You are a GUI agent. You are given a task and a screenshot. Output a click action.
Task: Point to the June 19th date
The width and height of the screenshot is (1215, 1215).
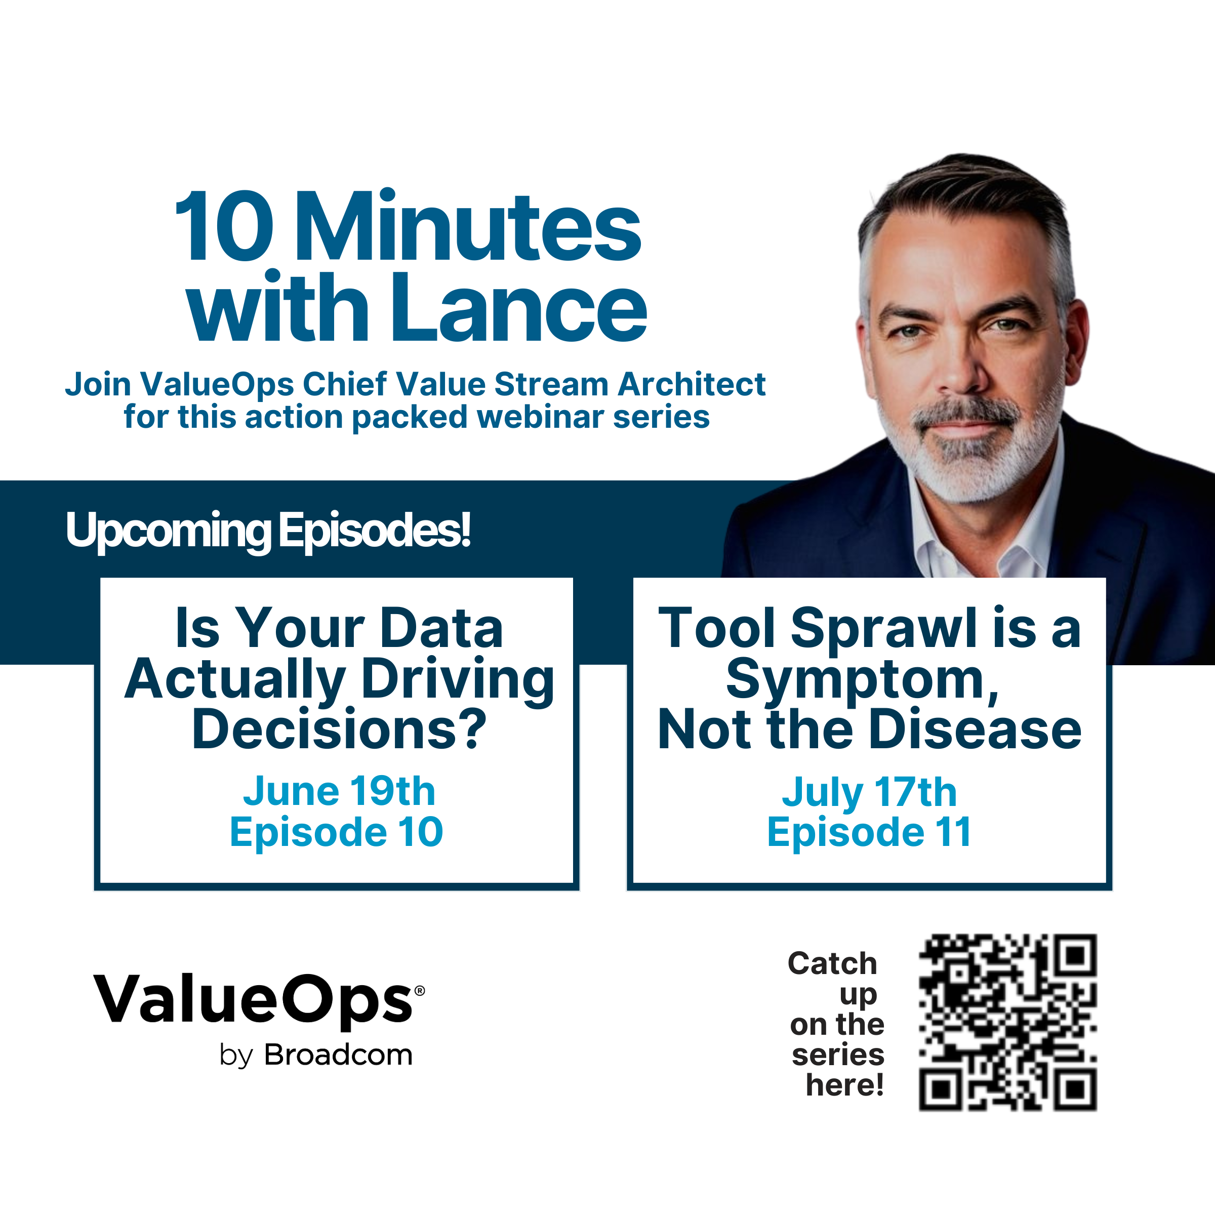tap(340, 791)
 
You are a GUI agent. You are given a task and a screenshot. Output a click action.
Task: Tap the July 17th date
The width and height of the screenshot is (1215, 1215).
tap(869, 792)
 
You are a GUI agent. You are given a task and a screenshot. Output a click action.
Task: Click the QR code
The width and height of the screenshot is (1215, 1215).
tap(1008, 1023)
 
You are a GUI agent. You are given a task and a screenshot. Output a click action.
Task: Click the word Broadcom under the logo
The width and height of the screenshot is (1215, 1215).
tap(338, 1055)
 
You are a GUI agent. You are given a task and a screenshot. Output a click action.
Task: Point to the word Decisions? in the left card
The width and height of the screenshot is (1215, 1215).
tap(340, 730)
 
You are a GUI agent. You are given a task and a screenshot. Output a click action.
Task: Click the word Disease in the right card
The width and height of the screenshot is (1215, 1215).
tap(976, 730)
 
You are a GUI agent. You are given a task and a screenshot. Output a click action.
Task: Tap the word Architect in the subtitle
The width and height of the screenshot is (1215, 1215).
tap(692, 384)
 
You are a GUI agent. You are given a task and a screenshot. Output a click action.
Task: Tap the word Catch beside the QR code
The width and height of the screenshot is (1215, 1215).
tap(832, 963)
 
